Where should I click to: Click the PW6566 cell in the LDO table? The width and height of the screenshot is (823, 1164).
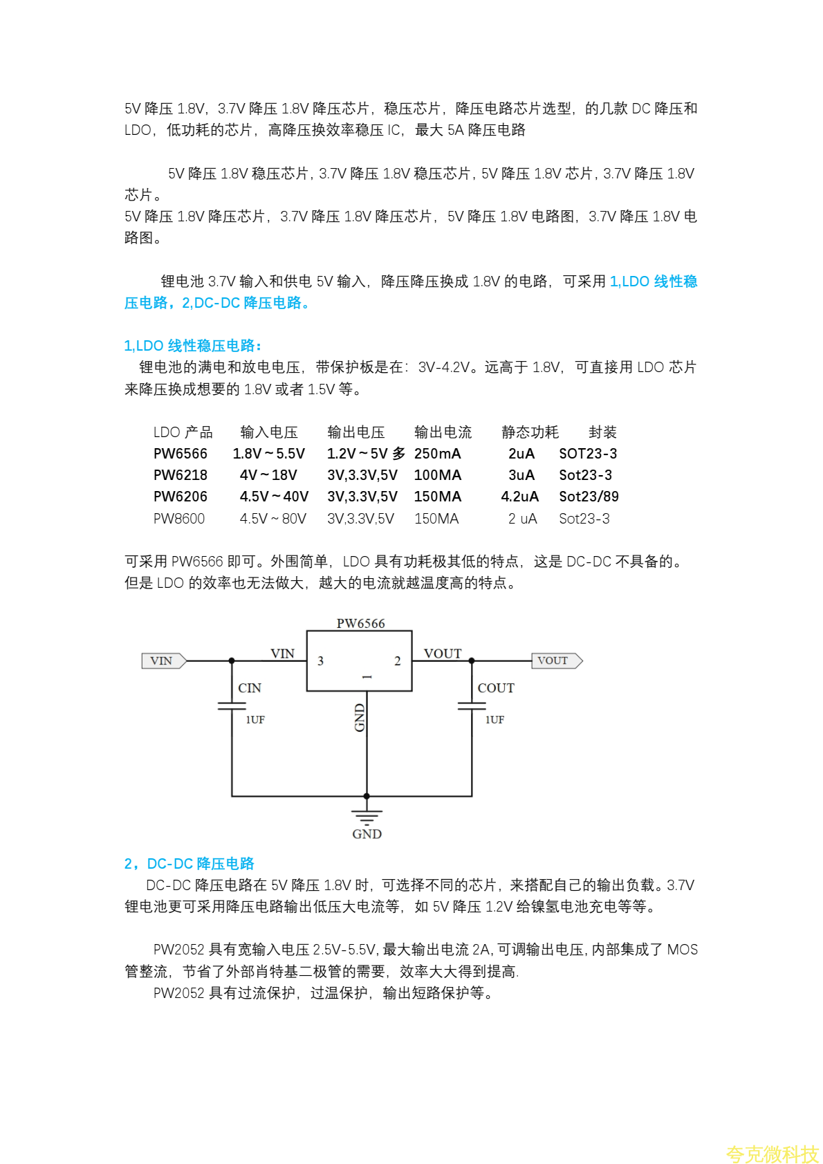181,454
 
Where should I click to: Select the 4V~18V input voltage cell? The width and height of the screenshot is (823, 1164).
268,475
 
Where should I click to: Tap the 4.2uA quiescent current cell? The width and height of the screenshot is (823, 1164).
519,497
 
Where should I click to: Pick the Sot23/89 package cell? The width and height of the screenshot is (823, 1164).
589,497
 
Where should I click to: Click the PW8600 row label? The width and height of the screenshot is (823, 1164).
179,519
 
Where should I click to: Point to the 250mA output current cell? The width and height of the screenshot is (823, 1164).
437,454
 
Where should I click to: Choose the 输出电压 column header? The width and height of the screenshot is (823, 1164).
355,432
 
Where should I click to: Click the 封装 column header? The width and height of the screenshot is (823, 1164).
602,432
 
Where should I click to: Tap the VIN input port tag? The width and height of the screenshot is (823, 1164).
163,660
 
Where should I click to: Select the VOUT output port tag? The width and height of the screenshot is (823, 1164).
556,660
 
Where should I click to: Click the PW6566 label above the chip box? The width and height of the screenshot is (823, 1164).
360,623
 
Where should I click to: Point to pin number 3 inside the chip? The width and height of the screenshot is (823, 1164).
320,661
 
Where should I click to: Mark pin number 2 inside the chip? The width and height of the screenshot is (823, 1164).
398,661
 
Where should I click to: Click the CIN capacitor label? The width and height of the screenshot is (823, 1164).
250,688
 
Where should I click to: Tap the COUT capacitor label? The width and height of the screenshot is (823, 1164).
496,688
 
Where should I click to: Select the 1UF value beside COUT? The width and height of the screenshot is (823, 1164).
494,720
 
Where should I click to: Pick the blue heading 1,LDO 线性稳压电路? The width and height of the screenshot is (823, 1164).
193,346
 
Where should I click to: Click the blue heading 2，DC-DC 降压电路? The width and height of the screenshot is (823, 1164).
189,864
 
